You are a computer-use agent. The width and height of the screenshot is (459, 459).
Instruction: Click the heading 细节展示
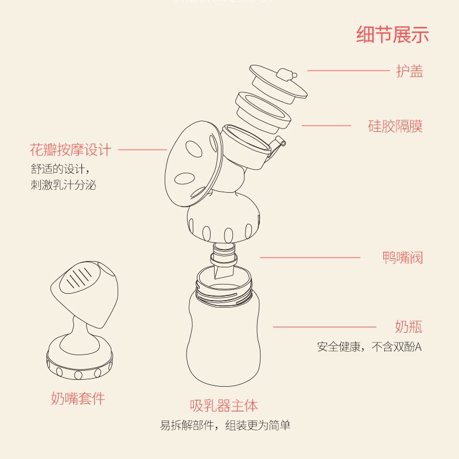click(392, 34)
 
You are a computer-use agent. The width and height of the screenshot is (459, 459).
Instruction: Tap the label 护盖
click(410, 71)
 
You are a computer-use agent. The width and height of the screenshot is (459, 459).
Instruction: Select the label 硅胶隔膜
click(395, 126)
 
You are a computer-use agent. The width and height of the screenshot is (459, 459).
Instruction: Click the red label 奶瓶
click(409, 327)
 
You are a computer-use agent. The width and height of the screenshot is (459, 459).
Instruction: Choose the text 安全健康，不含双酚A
click(369, 347)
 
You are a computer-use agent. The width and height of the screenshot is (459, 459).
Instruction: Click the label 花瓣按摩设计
click(70, 150)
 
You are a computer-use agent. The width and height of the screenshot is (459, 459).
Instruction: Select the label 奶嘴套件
click(78, 398)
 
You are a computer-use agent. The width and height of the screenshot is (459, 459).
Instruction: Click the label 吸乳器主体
click(224, 406)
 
